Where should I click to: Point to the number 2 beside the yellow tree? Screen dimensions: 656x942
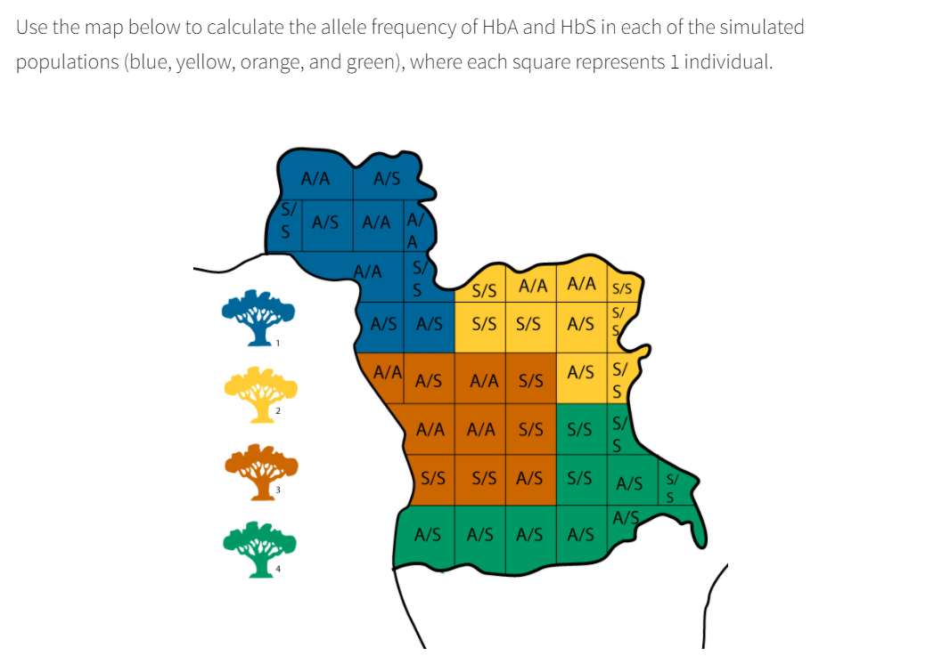coord(278,410)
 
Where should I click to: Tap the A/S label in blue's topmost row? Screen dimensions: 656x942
coord(386,179)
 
